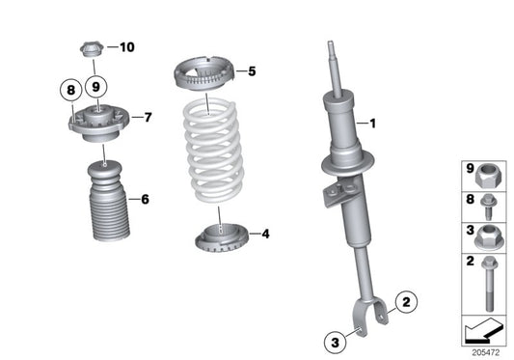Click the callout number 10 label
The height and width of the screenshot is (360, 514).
[128, 46]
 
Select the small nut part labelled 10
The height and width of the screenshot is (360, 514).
[91, 48]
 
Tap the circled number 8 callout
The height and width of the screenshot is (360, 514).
[69, 92]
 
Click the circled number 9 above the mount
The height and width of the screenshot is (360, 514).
[95, 86]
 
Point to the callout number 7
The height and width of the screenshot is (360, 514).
[148, 118]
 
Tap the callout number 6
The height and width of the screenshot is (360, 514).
[145, 200]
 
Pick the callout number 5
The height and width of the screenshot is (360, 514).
[252, 70]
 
